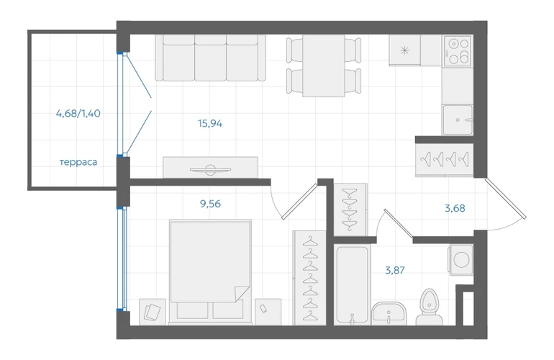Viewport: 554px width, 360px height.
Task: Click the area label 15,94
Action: click(210, 123)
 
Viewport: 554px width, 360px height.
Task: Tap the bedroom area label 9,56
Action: click(210, 204)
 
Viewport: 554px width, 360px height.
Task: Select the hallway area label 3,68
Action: click(455, 208)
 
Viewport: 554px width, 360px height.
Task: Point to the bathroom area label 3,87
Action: click(395, 271)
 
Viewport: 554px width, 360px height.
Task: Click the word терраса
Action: click(78, 162)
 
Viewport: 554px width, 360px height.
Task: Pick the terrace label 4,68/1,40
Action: click(78, 114)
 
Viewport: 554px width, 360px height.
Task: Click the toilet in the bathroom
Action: click(430, 306)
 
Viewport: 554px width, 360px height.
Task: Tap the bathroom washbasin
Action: click(389, 313)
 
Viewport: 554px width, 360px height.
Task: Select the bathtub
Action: click(352, 285)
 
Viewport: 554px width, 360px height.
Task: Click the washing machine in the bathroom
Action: click(460, 260)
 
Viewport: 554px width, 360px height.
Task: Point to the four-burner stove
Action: click(458, 50)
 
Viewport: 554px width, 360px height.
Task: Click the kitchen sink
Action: click(458, 120)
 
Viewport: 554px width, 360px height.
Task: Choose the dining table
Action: click(324, 66)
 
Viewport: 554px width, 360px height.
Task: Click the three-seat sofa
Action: click(211, 58)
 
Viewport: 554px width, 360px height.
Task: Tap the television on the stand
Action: click(210, 170)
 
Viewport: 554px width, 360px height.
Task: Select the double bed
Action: click(211, 271)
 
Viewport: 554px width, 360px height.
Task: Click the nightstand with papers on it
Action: click(153, 312)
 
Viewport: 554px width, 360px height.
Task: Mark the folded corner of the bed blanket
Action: click(242, 294)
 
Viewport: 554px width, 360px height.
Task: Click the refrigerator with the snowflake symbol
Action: click(404, 50)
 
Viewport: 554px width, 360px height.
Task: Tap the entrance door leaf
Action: click(506, 199)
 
